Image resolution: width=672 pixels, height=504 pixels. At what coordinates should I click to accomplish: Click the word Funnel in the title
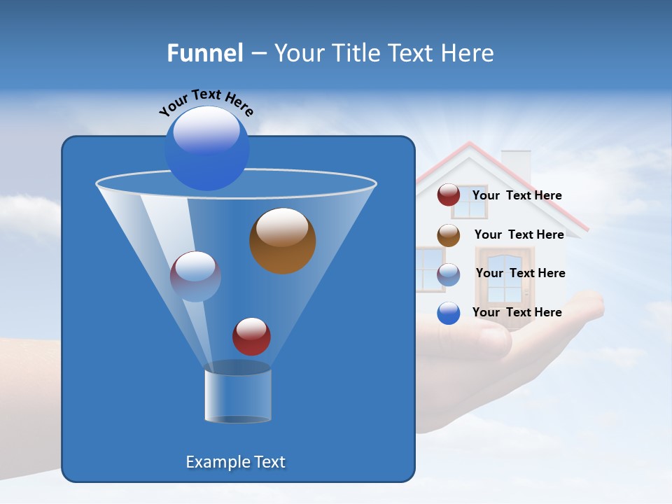pos(204,53)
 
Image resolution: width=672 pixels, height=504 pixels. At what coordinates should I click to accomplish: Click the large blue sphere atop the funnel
pos(206,148)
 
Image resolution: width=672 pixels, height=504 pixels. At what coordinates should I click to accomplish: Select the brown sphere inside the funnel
pos(282,240)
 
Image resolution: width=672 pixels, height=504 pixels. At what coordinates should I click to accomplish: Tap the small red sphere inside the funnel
pos(251,336)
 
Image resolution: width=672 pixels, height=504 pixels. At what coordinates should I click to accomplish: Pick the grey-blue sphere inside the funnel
pos(195,276)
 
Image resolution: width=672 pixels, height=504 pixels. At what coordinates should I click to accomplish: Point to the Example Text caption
pos(235,462)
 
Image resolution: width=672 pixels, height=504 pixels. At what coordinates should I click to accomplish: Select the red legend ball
pos(449,195)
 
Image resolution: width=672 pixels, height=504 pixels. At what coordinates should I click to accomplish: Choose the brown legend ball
pos(449,235)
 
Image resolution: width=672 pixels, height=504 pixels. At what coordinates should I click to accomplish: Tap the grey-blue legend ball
pos(449,274)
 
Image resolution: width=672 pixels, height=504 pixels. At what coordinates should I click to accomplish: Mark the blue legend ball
pos(449,313)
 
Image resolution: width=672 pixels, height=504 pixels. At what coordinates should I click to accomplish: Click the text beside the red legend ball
pos(517,195)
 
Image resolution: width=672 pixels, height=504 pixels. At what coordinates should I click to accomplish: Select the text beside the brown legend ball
pos(519,234)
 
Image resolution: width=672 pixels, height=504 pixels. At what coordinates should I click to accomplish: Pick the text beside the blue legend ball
pos(517,312)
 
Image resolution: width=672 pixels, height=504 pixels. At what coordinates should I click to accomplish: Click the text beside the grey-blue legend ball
pos(520,273)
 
